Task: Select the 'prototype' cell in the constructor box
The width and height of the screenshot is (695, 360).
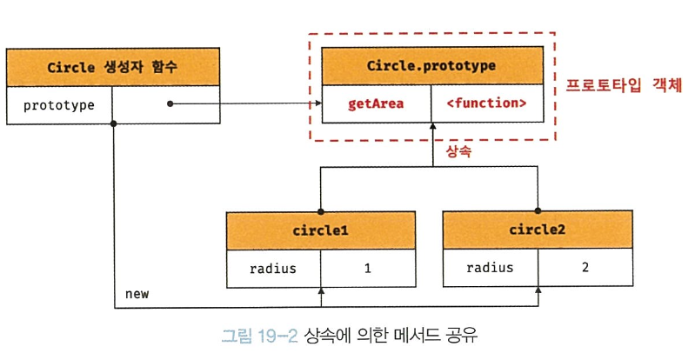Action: tap(59, 105)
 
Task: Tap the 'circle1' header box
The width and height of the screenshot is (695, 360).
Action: tap(320, 231)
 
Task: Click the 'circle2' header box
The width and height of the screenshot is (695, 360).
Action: tap(538, 230)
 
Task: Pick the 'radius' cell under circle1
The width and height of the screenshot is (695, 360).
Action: tap(271, 269)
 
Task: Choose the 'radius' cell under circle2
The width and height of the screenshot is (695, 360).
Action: tap(489, 268)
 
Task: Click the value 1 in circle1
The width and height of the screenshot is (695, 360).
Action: tap(368, 269)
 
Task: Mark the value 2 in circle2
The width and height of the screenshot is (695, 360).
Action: tap(585, 268)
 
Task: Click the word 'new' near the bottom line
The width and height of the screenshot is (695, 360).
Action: tap(137, 294)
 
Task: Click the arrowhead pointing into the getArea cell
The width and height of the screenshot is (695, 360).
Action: tap(317, 104)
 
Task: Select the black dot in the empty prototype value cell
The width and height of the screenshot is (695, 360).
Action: tap(170, 104)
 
